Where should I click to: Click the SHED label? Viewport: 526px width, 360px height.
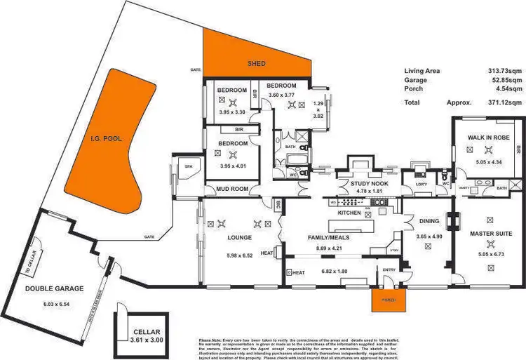tap(257, 63)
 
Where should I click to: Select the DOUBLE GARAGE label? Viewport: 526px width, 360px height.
tap(55, 288)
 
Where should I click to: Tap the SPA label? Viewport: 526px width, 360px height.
tap(188, 166)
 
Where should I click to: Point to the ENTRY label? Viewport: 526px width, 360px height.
tap(389, 269)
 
